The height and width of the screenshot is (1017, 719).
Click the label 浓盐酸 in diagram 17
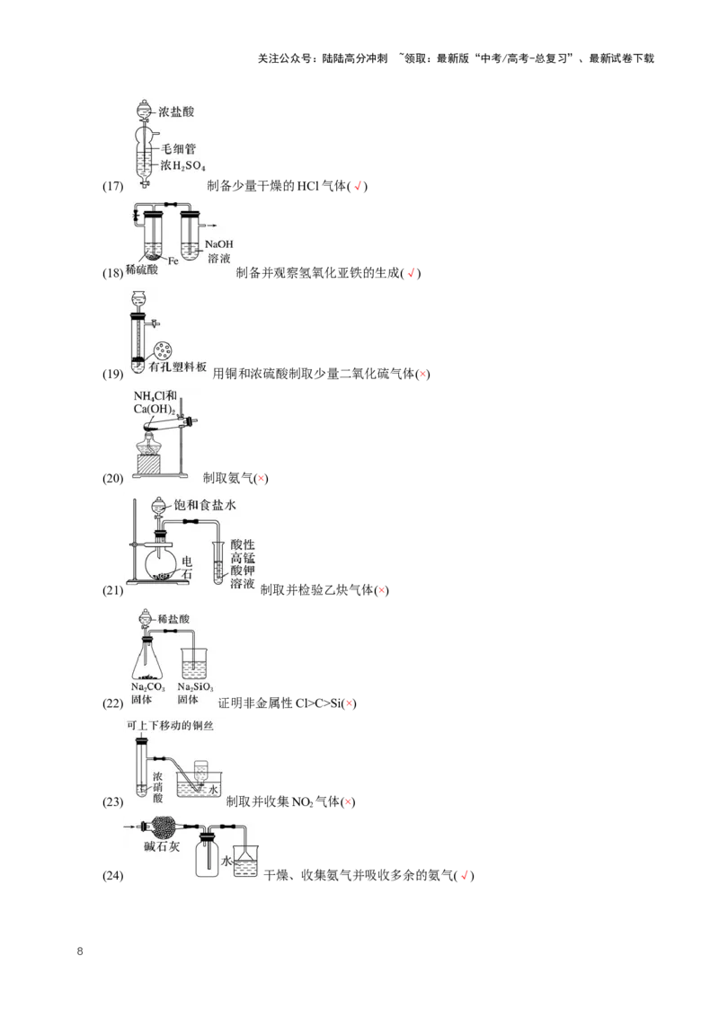point(176,111)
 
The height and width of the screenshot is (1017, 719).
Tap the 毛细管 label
point(179,149)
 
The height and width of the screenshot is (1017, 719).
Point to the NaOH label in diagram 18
point(218,244)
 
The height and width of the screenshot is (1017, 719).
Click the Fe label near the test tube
point(173,261)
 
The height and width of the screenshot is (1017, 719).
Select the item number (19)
point(113,374)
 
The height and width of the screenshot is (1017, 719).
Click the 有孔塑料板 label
point(178,367)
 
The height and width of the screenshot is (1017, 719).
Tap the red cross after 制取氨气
point(261,479)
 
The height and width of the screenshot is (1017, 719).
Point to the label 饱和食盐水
point(205,505)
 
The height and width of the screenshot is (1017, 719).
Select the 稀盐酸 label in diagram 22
point(174,619)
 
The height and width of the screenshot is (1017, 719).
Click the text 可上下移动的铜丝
point(170,725)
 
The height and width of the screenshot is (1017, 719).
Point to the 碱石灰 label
point(162,846)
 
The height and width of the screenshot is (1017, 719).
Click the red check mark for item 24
point(464,876)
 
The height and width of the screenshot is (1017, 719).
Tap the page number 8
point(80,951)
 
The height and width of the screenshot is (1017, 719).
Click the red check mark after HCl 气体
point(358,186)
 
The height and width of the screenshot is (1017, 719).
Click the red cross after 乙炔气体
point(382,590)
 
